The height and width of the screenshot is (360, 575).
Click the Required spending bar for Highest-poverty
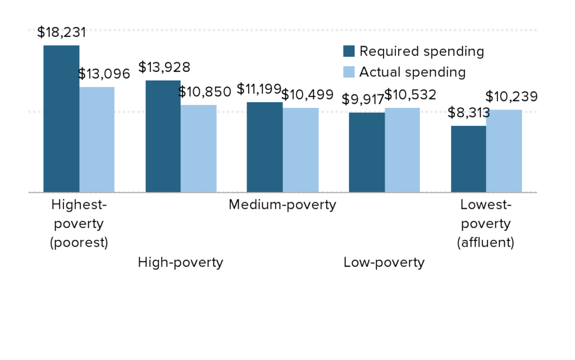pos(61,119)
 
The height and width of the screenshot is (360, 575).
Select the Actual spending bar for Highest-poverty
pos(97,139)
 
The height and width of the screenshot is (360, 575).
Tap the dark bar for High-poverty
pos(163,136)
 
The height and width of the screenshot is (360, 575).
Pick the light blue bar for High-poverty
pos(198,148)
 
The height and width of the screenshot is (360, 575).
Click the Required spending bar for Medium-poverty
pos(264,147)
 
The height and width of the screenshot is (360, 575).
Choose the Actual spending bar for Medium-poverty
pos(300,150)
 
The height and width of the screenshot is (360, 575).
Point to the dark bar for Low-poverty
pos(367,152)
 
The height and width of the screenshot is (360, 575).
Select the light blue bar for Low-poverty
pos(402,150)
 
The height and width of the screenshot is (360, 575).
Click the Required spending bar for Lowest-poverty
pos(468,159)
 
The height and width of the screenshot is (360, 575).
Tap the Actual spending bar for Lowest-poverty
pos(504,151)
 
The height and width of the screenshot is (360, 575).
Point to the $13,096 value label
pos(104,74)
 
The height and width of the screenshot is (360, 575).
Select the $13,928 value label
pos(165,67)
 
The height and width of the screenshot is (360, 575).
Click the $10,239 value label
pos(512,97)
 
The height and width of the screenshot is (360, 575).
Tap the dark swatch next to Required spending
pos(349,52)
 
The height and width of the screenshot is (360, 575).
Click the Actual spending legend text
pos(413,72)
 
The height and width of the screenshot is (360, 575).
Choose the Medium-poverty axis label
pos(282,204)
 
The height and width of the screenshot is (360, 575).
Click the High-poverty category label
pos(180,262)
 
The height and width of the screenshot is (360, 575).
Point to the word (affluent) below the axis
pos(486,243)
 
